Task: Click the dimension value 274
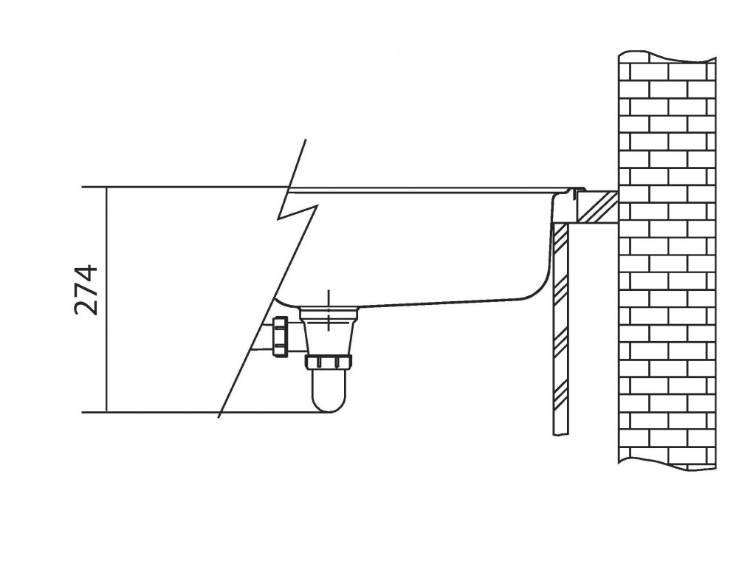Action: click(87, 289)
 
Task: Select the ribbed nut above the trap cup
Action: click(328, 362)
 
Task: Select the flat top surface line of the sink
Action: click(428, 190)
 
